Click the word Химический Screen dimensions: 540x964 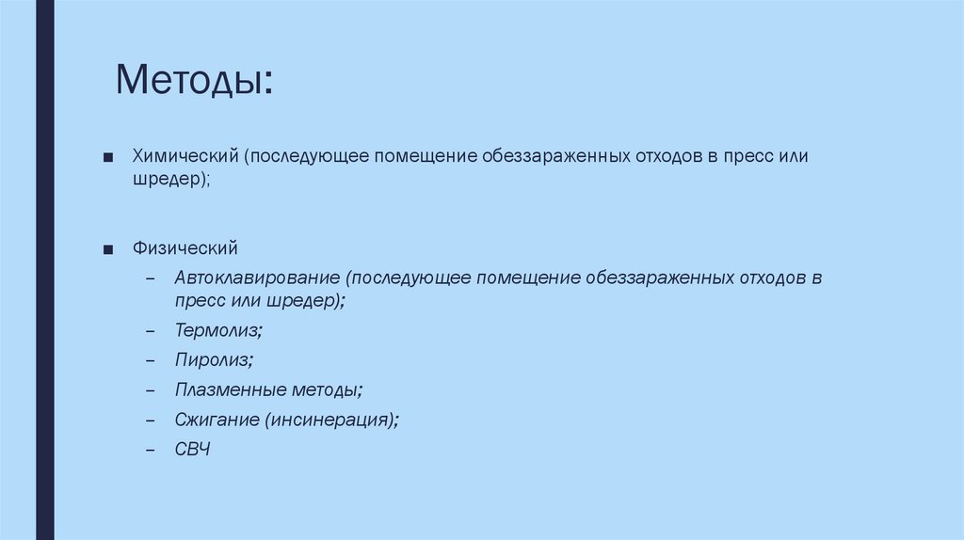185,155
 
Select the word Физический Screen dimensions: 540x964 185,249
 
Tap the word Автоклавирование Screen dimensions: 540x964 256,279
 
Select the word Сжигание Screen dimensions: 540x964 216,420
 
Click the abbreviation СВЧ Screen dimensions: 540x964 192,450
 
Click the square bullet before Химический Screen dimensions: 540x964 110,156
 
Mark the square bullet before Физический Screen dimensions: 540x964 110,250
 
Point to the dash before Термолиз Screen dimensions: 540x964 151,331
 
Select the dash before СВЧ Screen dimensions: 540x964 151,451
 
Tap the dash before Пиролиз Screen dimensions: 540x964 151,360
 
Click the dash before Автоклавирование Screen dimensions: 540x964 151,280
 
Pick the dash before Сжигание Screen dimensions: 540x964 151,421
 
